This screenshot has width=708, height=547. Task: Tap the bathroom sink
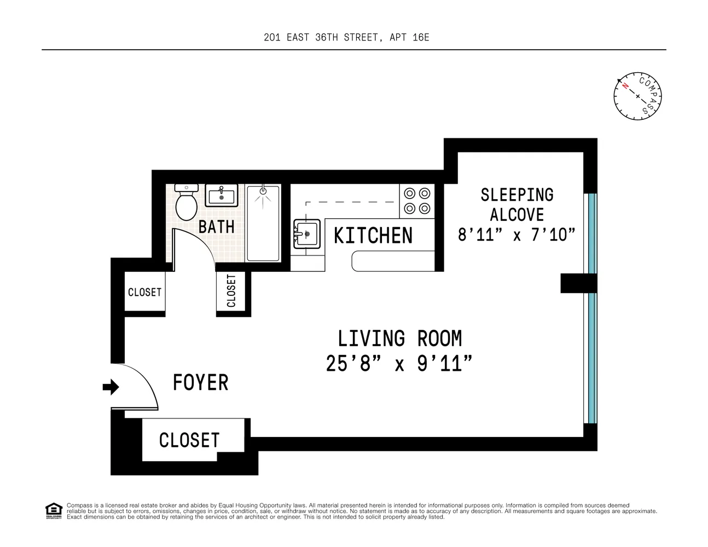click(x=222, y=195)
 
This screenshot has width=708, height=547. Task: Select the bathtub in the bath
click(x=263, y=223)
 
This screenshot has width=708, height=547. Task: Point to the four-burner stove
click(x=417, y=201)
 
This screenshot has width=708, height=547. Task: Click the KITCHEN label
click(x=373, y=236)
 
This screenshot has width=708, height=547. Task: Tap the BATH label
click(x=216, y=226)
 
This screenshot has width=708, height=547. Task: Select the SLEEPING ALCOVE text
click(x=517, y=204)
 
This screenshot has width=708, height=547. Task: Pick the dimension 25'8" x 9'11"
click(x=399, y=363)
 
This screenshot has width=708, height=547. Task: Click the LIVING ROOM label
click(x=399, y=339)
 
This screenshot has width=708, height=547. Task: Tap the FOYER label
click(x=200, y=382)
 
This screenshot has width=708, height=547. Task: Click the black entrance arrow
click(x=111, y=387)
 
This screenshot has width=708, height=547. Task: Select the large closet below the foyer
click(x=189, y=440)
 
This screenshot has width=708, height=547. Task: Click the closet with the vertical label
click(x=231, y=291)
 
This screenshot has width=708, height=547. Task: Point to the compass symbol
click(x=637, y=96)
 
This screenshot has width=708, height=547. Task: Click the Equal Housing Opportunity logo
click(x=53, y=510)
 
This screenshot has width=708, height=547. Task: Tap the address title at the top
click(x=346, y=37)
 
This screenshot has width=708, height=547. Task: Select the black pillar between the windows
click(x=578, y=283)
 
